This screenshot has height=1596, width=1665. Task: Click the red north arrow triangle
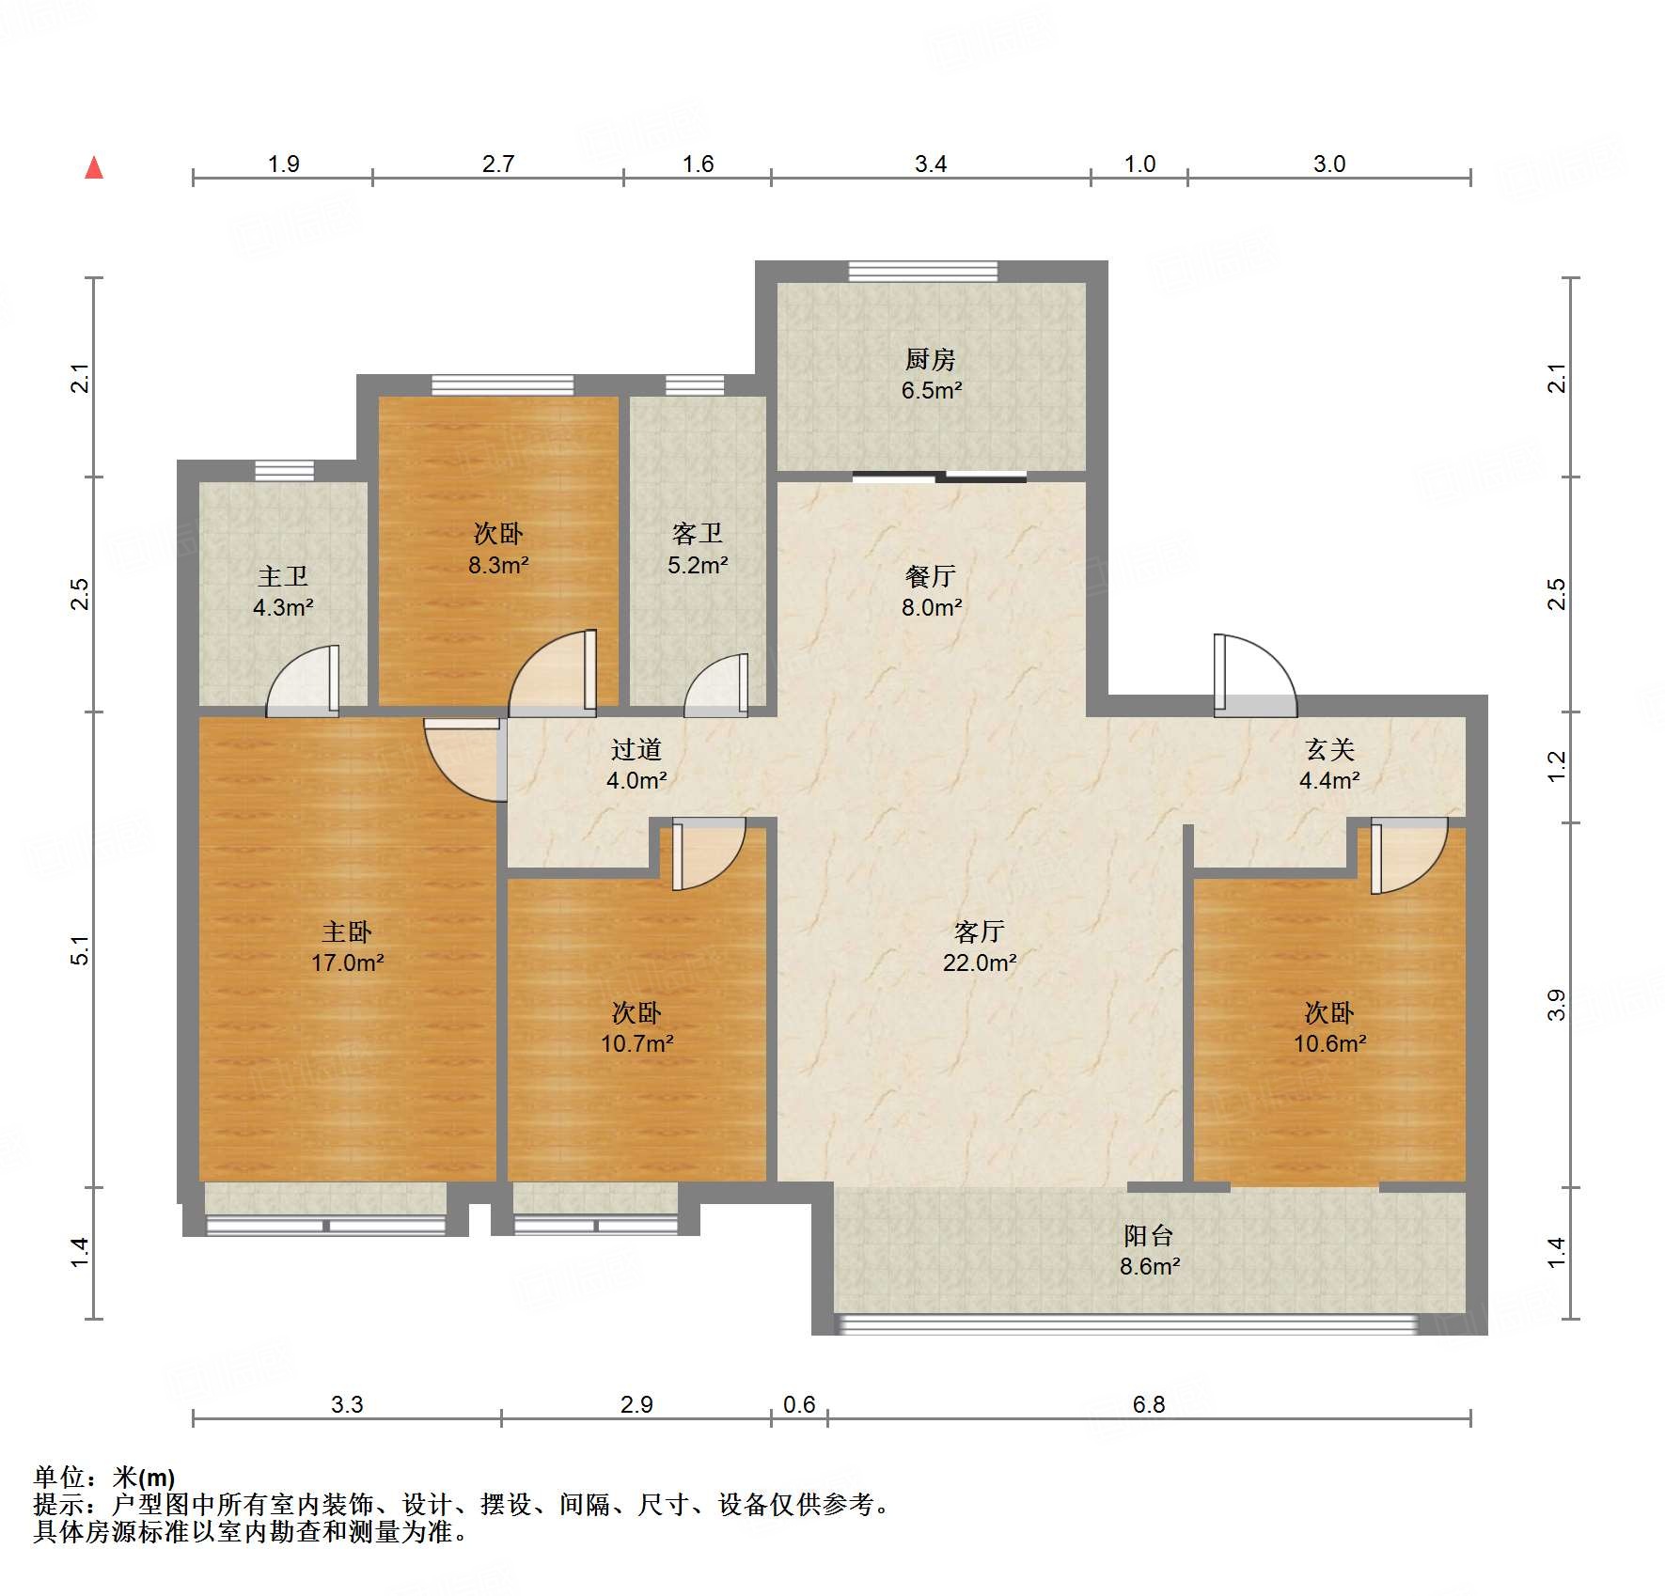click(x=94, y=168)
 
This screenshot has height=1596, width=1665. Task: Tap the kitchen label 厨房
click(x=931, y=359)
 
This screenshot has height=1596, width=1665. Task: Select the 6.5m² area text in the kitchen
click(x=931, y=390)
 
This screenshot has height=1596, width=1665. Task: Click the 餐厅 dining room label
click(x=931, y=576)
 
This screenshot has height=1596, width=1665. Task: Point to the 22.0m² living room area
click(x=980, y=962)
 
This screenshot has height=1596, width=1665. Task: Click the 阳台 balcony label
click(x=1149, y=1235)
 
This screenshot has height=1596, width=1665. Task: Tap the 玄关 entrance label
click(x=1329, y=749)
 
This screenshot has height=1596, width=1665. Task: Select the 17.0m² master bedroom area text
click(x=347, y=962)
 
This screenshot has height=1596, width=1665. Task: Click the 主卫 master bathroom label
click(x=283, y=576)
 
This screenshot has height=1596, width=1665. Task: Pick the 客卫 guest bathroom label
click(x=698, y=534)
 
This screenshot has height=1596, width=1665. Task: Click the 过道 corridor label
click(x=636, y=749)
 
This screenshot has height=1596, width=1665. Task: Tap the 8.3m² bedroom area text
click(x=498, y=565)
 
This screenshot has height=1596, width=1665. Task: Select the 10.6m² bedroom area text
click(x=1329, y=1043)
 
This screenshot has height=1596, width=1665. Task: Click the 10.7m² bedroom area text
click(x=636, y=1043)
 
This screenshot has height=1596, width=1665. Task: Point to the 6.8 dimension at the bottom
click(x=1149, y=1404)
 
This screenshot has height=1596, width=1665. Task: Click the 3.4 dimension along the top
click(x=931, y=164)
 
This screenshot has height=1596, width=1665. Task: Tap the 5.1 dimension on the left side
click(x=81, y=949)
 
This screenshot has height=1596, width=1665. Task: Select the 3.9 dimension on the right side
click(x=1557, y=1004)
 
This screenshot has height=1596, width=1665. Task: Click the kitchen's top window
click(x=922, y=272)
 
